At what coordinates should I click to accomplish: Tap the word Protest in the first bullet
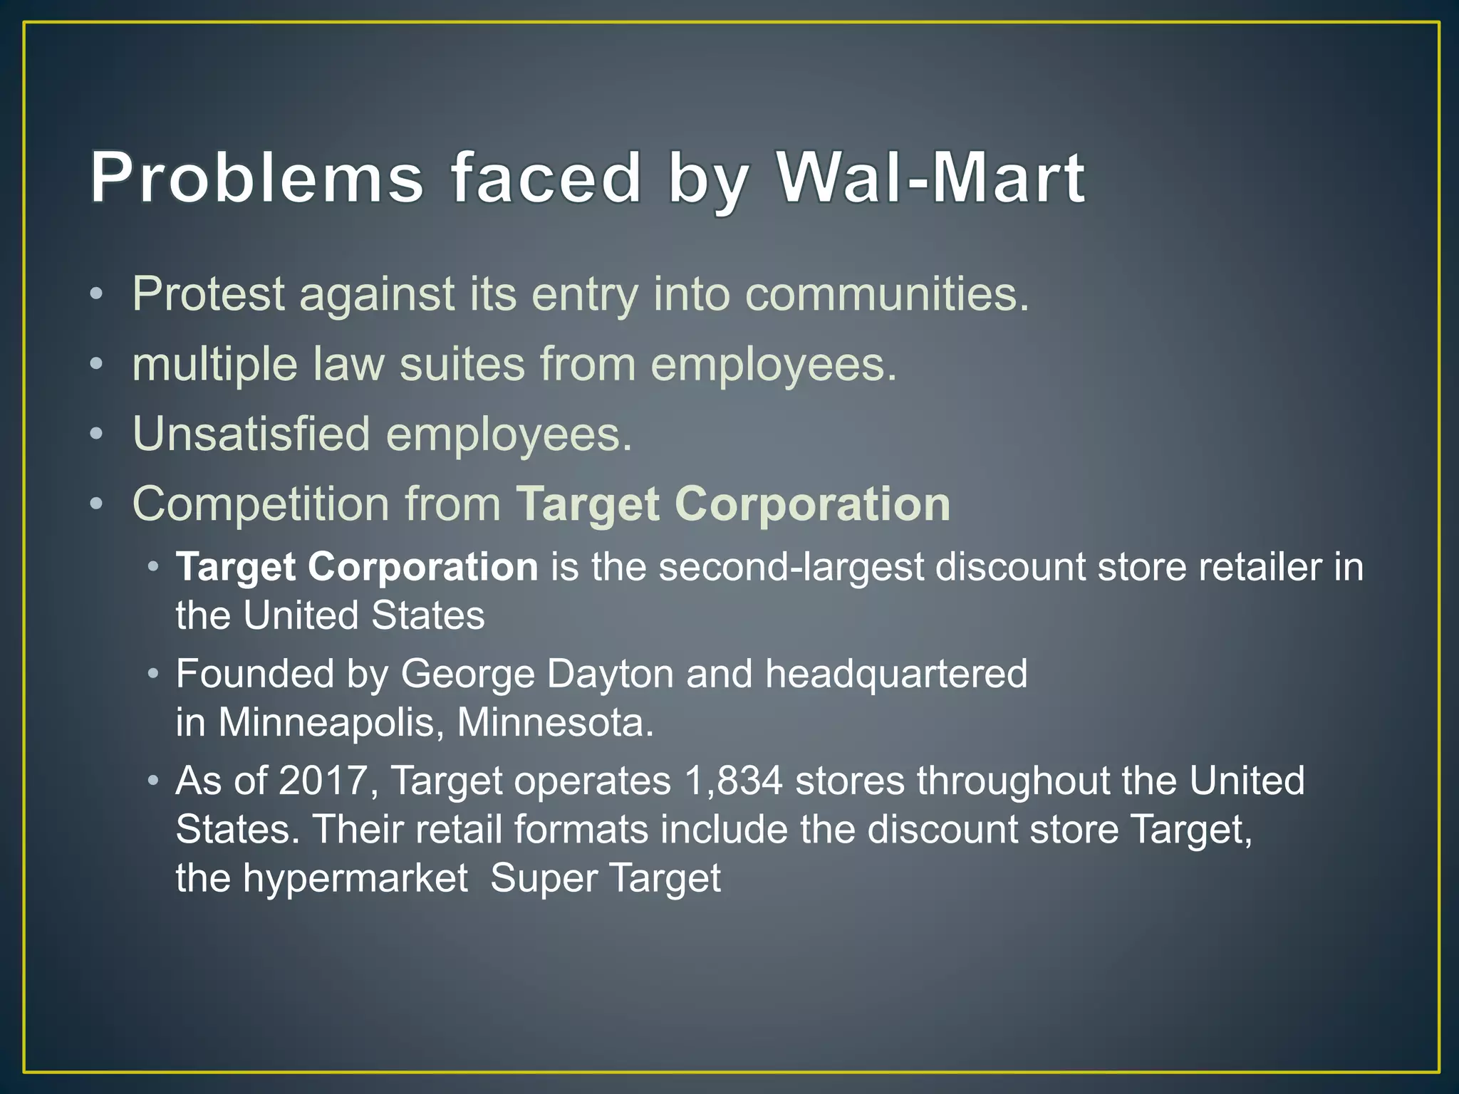click(x=208, y=293)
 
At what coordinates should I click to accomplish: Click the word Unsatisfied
click(x=251, y=434)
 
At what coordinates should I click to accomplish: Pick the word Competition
click(x=261, y=505)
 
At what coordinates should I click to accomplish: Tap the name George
click(x=467, y=674)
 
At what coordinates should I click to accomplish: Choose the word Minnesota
click(x=555, y=723)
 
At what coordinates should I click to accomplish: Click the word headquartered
click(x=896, y=674)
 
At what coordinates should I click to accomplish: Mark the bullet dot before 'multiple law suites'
click(x=97, y=365)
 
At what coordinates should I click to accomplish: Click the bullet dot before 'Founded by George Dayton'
click(x=152, y=674)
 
